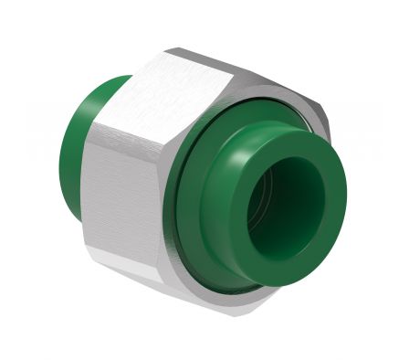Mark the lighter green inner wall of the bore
[274, 228]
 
